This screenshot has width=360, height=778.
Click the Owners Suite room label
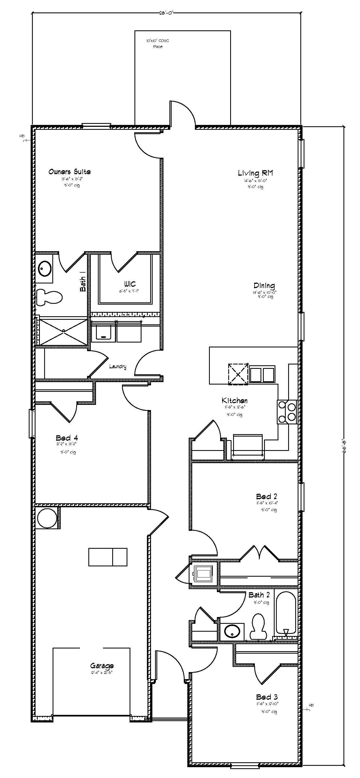coord(69,172)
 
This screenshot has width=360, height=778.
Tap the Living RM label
coord(255,173)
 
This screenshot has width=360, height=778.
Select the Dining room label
coord(264,285)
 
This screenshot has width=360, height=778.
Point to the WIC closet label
coord(130,284)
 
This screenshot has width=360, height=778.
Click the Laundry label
coord(117,367)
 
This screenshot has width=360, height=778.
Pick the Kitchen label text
coord(234,401)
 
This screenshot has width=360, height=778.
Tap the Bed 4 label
coord(67,438)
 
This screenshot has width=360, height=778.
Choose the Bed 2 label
coord(266,496)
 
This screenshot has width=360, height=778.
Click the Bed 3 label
coord(267,697)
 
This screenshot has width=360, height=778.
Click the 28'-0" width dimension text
coord(167,13)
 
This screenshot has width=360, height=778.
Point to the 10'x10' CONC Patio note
coord(158,43)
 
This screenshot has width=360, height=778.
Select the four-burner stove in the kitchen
coord(287,412)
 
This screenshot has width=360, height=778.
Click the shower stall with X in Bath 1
coord(64,331)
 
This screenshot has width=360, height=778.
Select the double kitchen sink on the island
coord(262,375)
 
